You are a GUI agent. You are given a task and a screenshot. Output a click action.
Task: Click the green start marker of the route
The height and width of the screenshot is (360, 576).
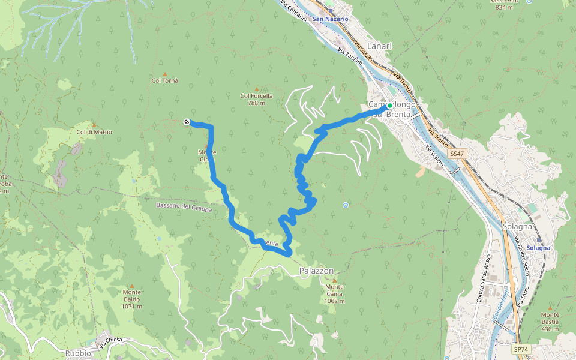[389, 106]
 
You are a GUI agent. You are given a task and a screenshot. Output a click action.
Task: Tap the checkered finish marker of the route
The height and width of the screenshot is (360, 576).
[187, 122]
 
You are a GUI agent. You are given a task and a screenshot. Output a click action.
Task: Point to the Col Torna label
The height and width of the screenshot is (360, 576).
[164, 80]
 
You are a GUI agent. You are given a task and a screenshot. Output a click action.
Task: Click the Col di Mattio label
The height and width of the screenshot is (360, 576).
[94, 132]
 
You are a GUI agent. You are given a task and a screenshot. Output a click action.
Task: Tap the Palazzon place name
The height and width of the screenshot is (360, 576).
[316, 271]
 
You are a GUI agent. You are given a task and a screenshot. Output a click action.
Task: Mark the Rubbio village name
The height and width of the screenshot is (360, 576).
[79, 353]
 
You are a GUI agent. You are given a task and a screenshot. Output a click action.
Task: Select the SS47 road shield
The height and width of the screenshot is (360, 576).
[457, 154]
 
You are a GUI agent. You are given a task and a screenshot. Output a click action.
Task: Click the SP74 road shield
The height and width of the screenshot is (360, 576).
[520, 349]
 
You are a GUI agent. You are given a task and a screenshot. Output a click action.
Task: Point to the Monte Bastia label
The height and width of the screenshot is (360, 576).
[550, 318]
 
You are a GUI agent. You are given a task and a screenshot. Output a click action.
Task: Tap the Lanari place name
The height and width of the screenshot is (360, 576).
[379, 46]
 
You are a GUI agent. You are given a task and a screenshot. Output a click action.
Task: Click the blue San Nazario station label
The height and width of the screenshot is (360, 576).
[330, 19]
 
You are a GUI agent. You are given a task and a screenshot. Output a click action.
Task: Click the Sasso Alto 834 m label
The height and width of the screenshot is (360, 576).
[502, 4]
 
